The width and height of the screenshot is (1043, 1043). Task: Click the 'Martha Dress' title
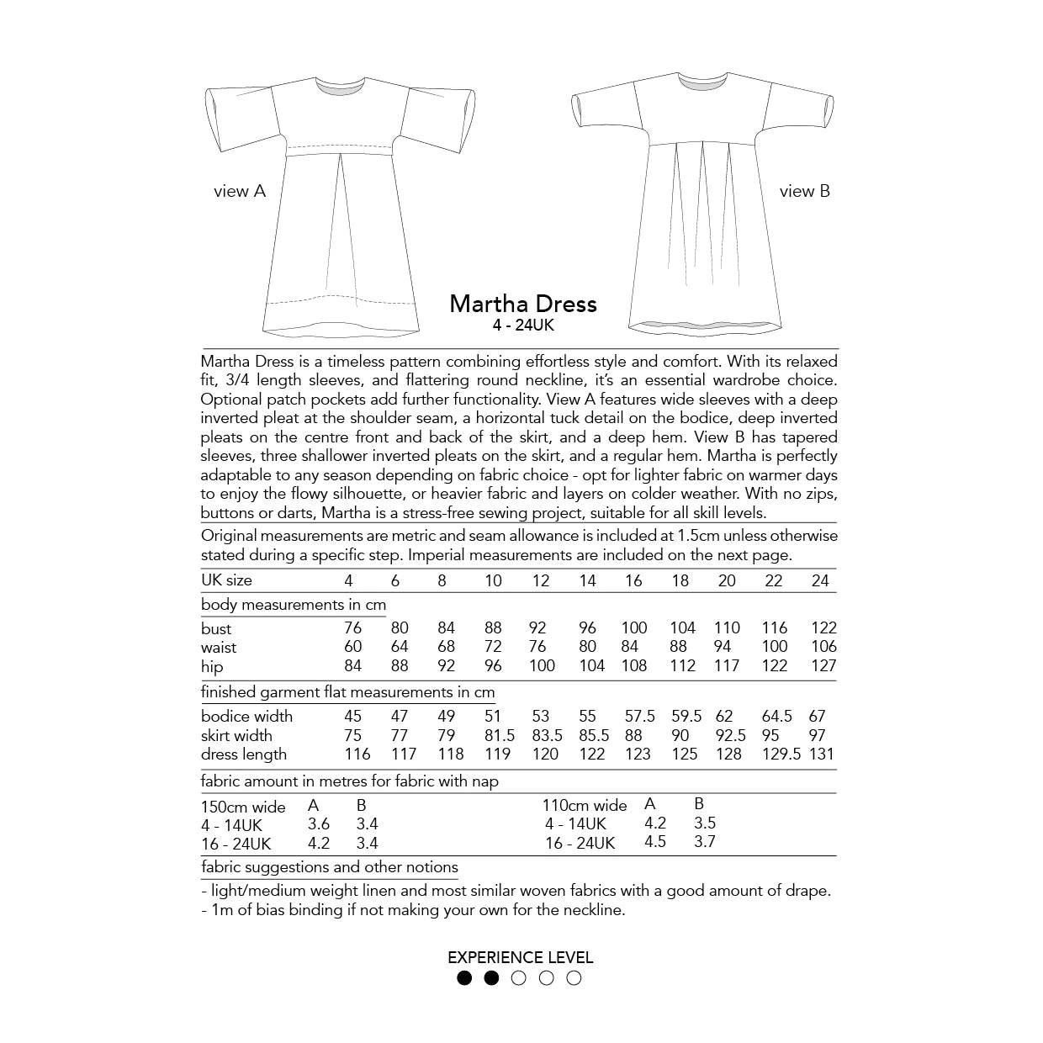coord(522,304)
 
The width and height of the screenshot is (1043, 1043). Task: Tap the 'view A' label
coord(240,192)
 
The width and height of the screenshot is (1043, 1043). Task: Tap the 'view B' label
coord(804,191)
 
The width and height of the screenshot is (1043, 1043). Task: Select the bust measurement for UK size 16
coord(633,627)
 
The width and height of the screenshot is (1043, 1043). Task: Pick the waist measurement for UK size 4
coord(353,647)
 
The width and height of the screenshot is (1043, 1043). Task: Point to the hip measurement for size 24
coord(823,666)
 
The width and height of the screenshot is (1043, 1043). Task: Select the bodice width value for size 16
coord(639,716)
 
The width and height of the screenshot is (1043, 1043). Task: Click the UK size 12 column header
coord(541,580)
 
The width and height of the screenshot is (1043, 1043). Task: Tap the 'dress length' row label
coord(244,754)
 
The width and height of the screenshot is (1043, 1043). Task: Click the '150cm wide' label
coord(243,807)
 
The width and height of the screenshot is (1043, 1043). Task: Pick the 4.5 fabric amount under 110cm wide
coord(654,842)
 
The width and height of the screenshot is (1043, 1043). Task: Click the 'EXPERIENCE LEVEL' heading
coord(521,957)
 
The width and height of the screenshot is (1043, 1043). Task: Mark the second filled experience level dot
coord(492,977)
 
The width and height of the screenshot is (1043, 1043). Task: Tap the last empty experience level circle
coord(574,977)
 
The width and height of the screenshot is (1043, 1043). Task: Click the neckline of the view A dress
coord(342,83)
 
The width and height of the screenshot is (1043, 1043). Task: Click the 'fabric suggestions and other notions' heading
coord(330,867)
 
